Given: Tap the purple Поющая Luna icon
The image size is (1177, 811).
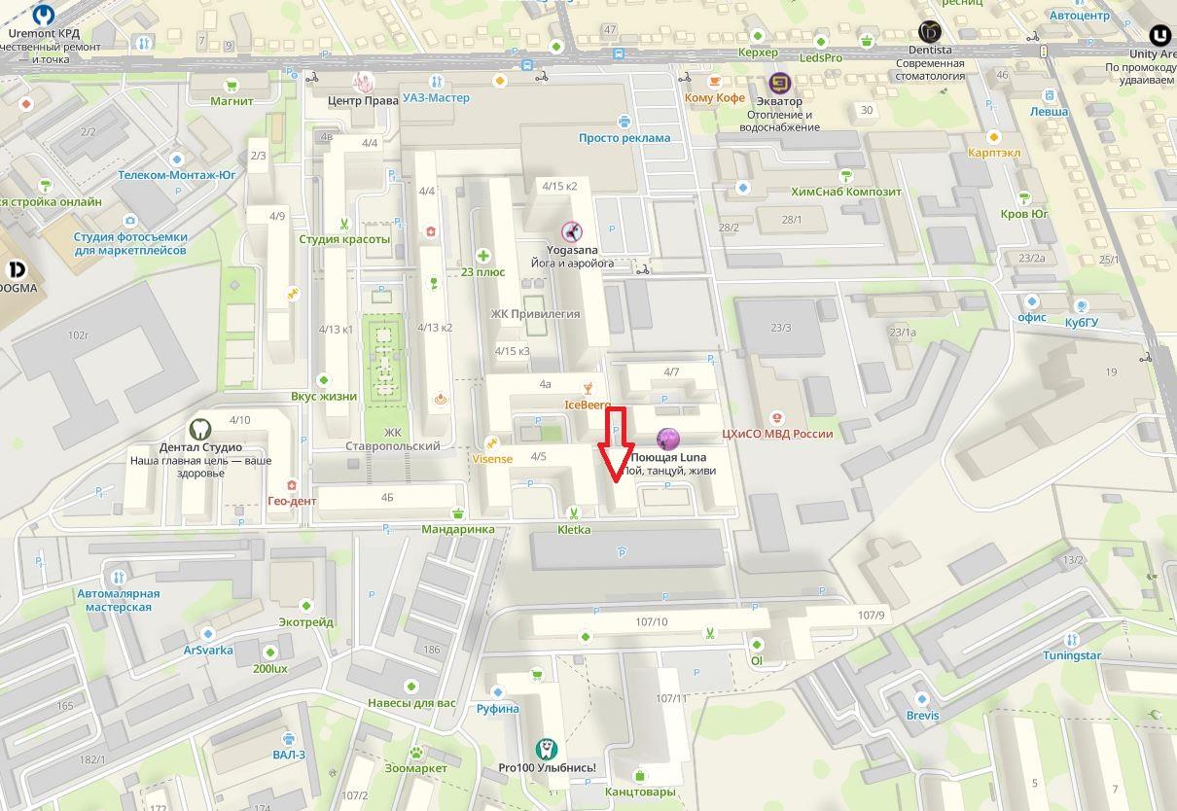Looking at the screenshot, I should (667, 440).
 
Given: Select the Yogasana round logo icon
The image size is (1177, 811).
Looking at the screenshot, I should (572, 231).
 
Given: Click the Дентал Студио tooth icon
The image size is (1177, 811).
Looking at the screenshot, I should (199, 429).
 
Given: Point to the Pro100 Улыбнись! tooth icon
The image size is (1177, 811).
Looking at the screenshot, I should (547, 749).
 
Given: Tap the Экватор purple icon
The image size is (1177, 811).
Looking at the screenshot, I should (779, 83).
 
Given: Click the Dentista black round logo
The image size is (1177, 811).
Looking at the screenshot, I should (929, 32).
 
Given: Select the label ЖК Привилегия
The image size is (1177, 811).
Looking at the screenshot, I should (535, 314).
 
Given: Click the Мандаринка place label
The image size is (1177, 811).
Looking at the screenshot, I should (457, 530).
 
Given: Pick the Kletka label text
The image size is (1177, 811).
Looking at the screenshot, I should (574, 530).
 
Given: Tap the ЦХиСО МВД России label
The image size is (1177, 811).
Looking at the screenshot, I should (777, 434).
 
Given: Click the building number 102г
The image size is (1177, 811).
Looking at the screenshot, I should (78, 335).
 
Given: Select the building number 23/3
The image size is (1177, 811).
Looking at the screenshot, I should (780, 328).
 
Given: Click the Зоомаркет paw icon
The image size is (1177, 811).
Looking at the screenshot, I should (416, 752).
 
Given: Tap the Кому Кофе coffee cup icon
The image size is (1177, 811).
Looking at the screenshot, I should (715, 81).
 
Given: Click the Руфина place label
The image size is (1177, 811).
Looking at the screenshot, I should (497, 709).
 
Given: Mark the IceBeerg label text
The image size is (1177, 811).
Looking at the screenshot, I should (588, 404).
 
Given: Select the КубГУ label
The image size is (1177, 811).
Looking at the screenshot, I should (1081, 321).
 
